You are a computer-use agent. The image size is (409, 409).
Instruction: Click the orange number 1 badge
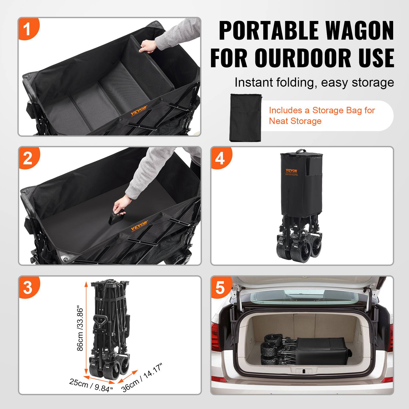[28, 29]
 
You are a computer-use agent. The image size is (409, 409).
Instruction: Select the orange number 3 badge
[28, 288]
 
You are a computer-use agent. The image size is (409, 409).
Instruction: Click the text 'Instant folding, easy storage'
[314, 82]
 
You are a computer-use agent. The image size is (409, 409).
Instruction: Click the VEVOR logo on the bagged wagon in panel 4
[291, 171]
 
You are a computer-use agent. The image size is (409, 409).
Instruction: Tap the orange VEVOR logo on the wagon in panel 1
[139, 110]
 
